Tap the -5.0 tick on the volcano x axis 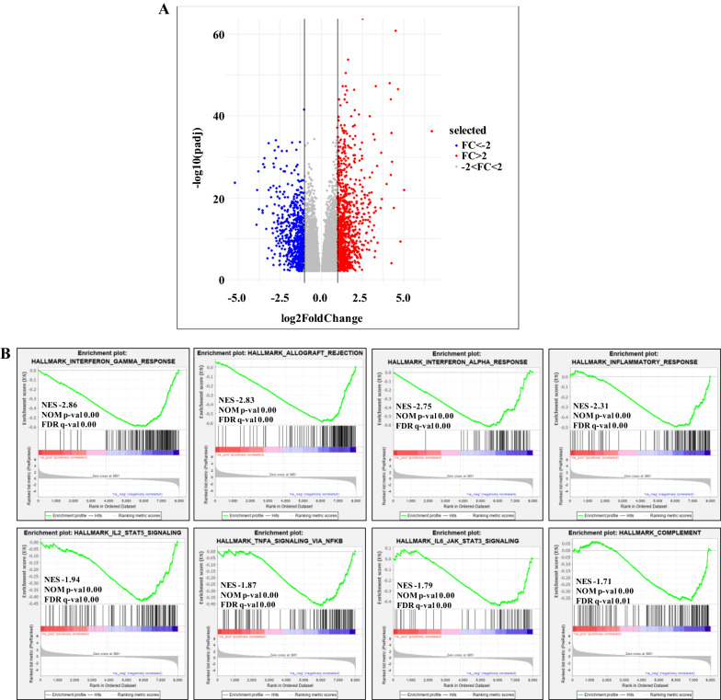[236, 298]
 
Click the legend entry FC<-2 [478, 145]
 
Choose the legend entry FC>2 [476, 155]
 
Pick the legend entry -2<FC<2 [482, 166]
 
